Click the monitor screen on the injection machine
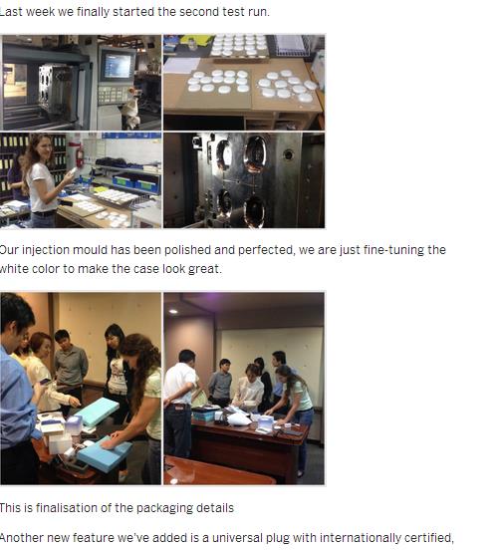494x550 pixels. tap(118, 65)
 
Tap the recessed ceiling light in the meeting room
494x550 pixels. tap(173, 311)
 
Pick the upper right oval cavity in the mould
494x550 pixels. tap(255, 153)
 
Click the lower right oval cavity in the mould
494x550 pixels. tap(255, 210)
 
